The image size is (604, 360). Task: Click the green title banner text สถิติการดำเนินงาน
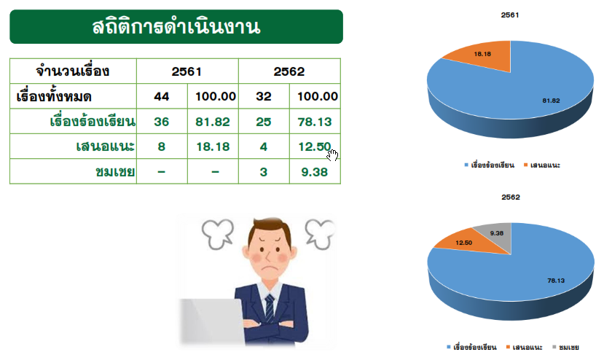(x=176, y=27)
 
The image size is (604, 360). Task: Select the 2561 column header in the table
(x=187, y=71)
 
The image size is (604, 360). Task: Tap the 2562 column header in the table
(x=289, y=71)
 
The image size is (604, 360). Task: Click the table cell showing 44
(x=162, y=96)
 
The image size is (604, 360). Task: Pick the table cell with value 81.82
(x=213, y=122)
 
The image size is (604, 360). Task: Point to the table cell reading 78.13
(x=315, y=122)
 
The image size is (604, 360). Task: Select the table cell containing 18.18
(x=213, y=147)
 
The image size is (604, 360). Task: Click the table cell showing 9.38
(x=314, y=172)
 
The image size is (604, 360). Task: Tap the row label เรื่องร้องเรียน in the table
(x=93, y=122)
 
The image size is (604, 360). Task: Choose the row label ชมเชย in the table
(x=115, y=172)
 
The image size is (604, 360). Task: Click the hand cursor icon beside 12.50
(x=332, y=154)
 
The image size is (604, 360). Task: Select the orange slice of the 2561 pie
(x=485, y=56)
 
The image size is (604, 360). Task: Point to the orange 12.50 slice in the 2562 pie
(x=466, y=242)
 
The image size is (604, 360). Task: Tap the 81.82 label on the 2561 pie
(x=551, y=101)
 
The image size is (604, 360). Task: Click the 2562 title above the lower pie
(x=511, y=197)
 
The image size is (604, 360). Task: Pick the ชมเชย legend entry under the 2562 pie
(x=565, y=348)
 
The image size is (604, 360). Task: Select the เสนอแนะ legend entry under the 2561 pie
(x=541, y=165)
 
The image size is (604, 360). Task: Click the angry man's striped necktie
(x=270, y=308)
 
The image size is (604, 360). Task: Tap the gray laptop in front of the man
(x=211, y=321)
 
